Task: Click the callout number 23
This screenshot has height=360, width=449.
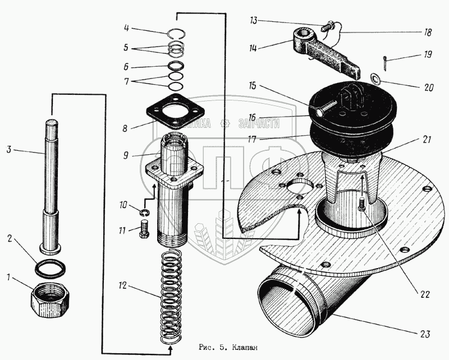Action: click(428, 334)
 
